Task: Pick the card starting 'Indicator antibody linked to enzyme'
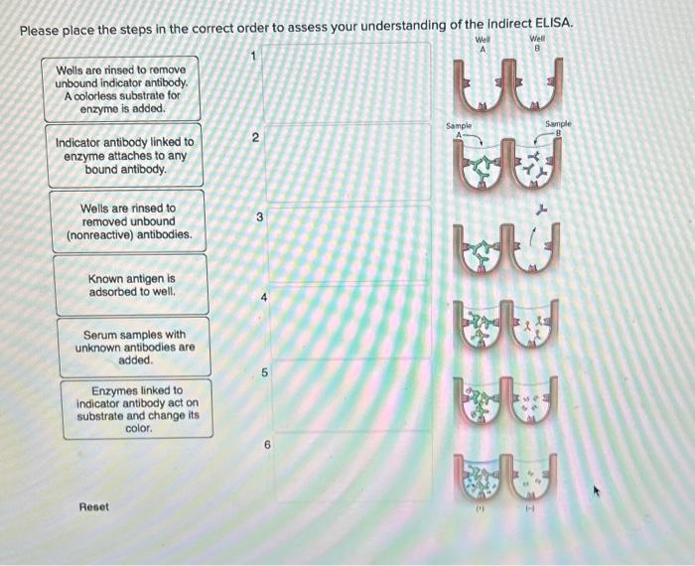125,156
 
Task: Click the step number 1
253,58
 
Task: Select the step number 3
258,216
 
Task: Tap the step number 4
263,297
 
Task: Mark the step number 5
264,373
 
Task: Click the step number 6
267,447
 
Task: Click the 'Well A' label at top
484,44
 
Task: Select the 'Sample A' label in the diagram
458,129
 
